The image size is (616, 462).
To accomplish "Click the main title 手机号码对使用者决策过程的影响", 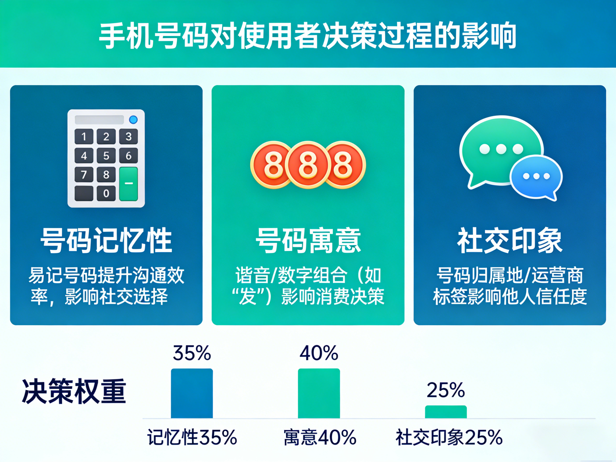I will point(307,36).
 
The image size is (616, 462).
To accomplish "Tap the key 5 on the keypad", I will point(106,156).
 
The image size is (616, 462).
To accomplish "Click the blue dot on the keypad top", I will point(133,120).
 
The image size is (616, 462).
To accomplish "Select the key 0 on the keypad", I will point(106,193).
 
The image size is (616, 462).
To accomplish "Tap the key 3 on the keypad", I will point(128,137).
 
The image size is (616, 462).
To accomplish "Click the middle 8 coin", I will point(308,165).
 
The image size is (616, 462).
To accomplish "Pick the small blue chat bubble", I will point(536,177).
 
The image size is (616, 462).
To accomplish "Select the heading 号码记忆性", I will point(106,240).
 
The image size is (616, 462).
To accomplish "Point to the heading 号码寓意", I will point(308,240).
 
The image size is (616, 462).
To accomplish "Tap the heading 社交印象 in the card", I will point(510,240).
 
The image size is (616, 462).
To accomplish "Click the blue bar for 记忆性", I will point(192,393).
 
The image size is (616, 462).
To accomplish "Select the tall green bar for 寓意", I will point(319,393).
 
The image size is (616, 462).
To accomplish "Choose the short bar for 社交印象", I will point(446,412).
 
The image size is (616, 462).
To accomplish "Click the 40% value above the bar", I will point(319,353).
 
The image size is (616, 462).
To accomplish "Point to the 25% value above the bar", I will point(446,390).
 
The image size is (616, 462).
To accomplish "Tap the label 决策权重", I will point(74,391).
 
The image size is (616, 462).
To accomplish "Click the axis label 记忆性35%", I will point(192,438).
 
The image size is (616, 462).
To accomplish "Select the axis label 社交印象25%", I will point(449,438).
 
